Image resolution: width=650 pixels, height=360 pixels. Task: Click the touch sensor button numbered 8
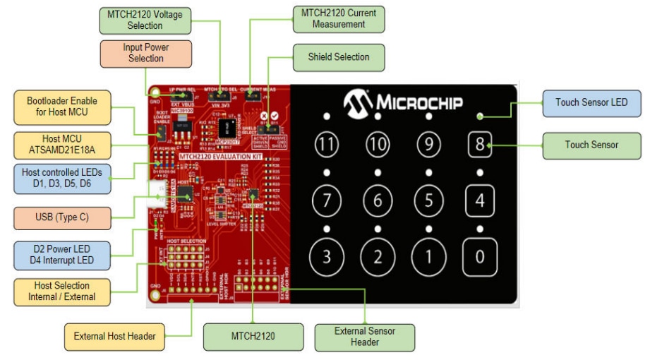(x=480, y=145)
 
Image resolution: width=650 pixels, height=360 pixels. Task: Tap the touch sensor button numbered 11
(x=326, y=145)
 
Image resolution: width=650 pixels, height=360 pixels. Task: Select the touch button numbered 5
(x=428, y=200)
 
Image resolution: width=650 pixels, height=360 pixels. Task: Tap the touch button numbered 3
(x=326, y=256)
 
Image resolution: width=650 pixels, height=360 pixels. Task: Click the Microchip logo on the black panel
(x=404, y=103)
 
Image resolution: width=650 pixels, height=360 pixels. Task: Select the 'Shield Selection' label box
(x=339, y=57)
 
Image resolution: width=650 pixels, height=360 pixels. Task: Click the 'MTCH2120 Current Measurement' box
(x=339, y=18)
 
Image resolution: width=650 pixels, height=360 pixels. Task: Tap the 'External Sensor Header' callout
(x=365, y=336)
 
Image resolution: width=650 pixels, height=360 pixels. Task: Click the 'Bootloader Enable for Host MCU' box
(x=62, y=106)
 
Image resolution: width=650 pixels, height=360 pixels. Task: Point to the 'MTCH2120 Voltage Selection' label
(x=144, y=20)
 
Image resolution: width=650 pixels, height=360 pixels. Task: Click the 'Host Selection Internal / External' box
(x=62, y=291)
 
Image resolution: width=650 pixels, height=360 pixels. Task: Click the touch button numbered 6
(x=378, y=200)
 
